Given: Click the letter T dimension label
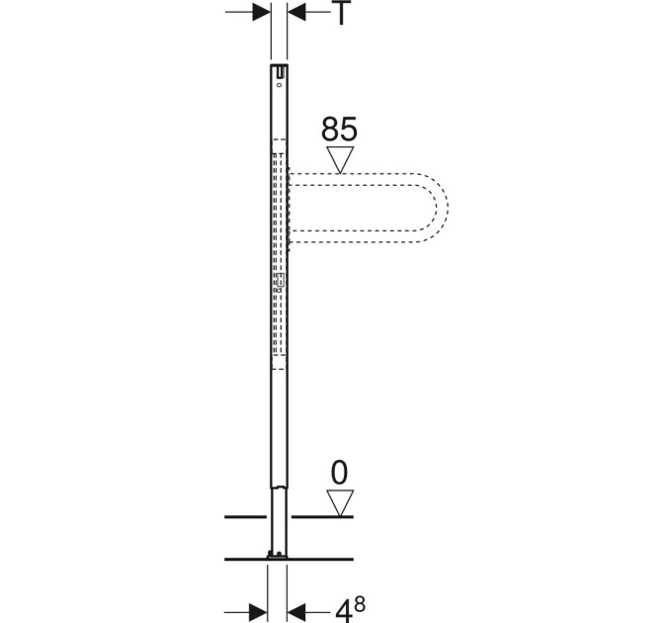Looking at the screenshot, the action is (341, 13).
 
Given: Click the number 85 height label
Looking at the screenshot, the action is (339, 130).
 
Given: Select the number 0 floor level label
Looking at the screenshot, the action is (339, 473).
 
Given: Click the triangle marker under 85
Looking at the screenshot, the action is (340, 159).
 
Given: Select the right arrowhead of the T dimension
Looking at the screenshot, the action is (296, 12).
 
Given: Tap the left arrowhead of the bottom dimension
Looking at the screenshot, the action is (258, 610).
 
